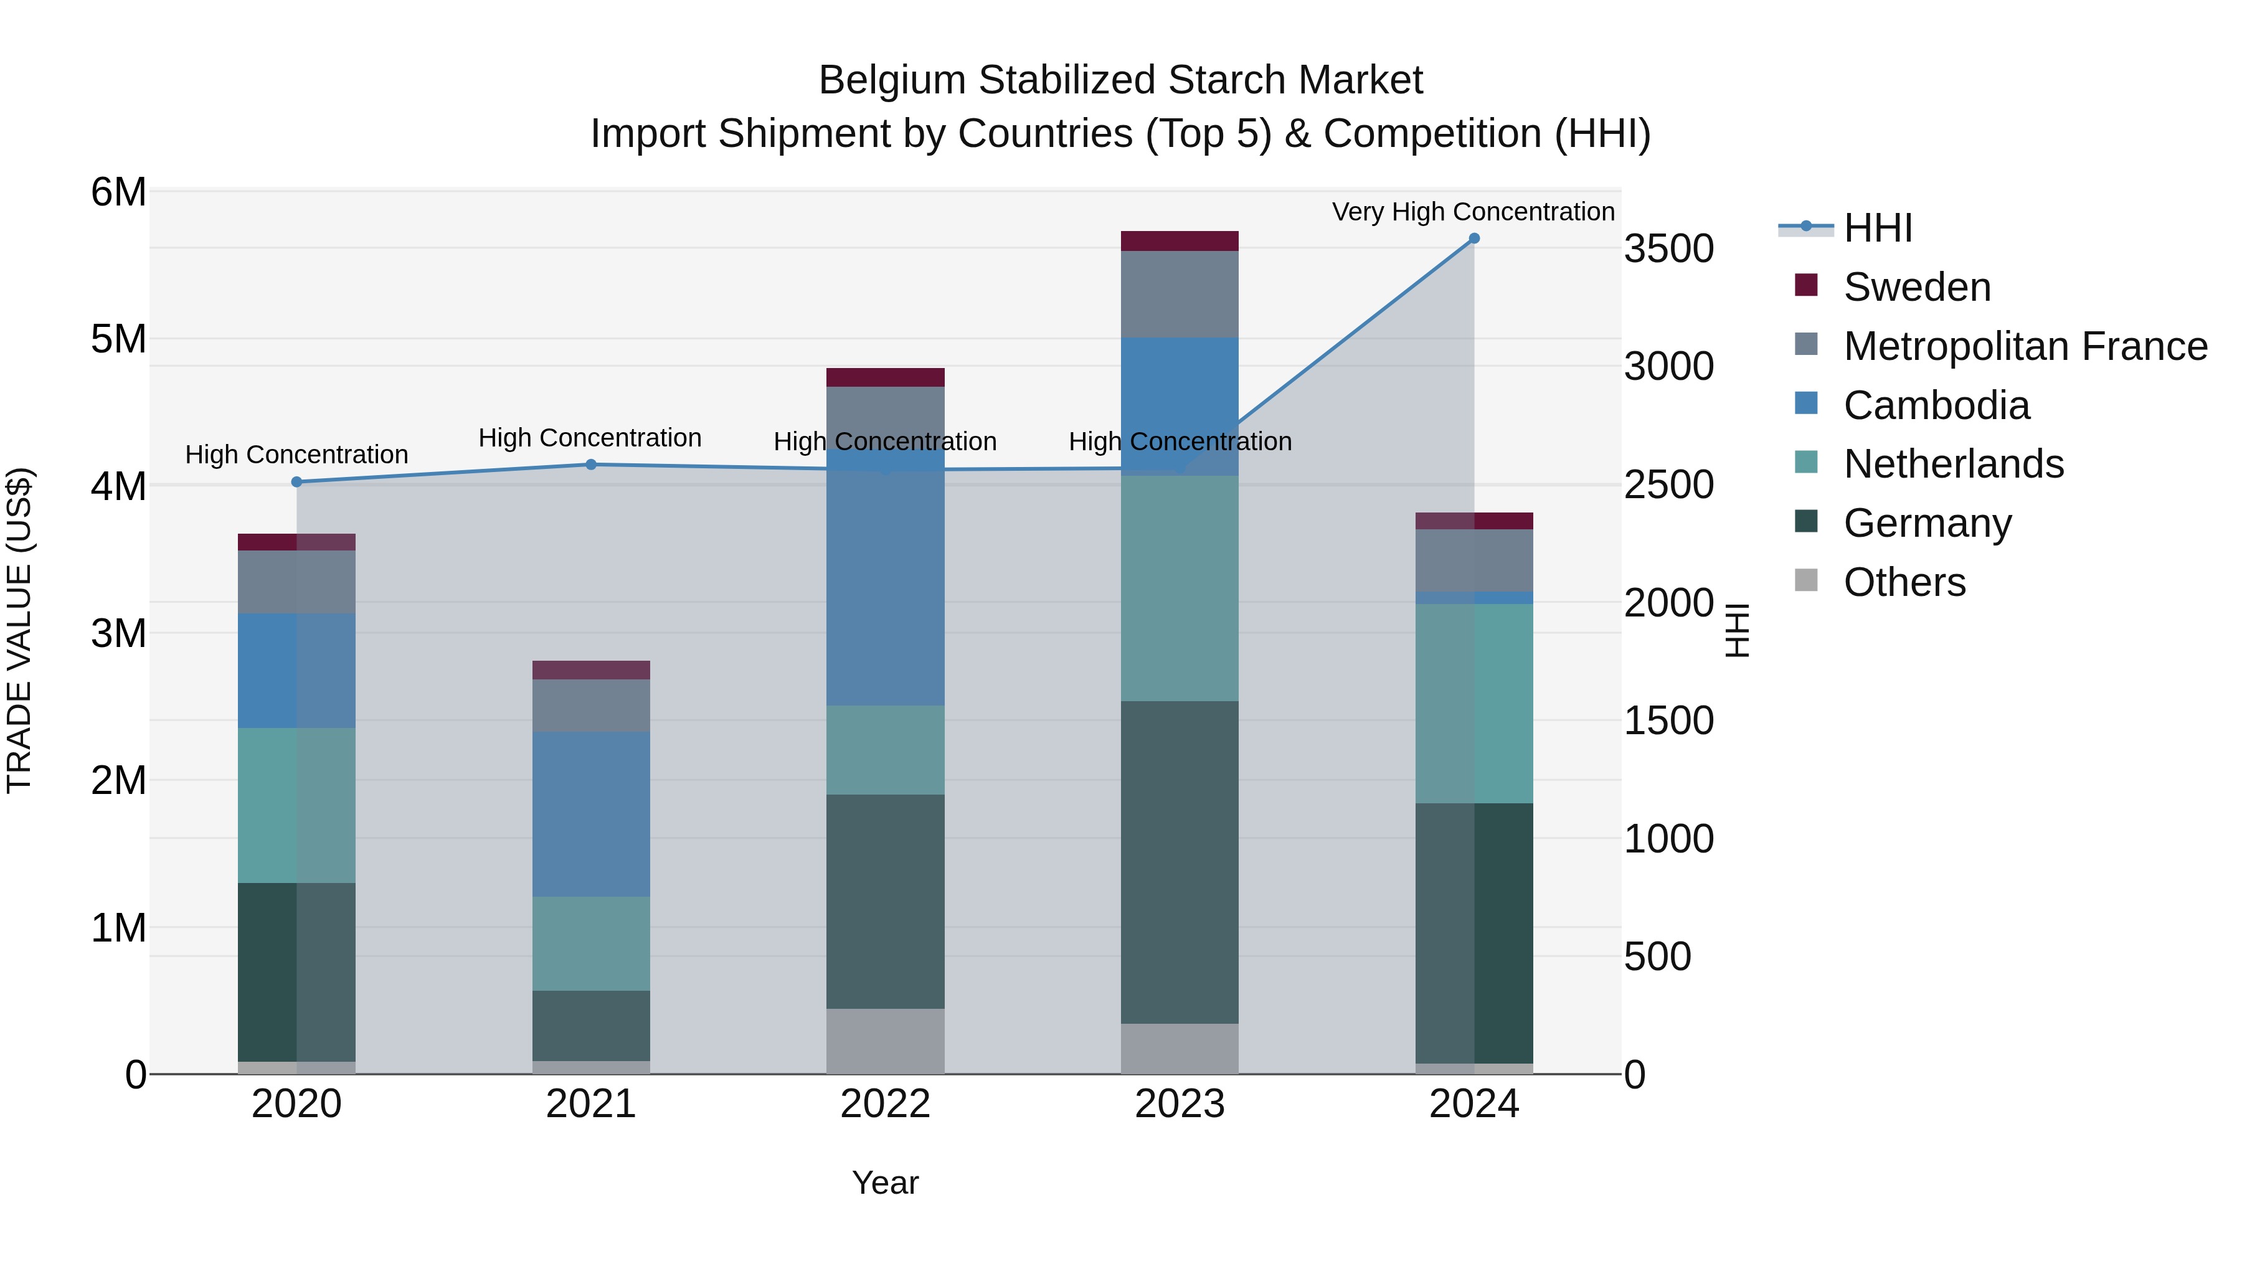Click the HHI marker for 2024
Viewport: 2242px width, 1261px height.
click(x=1473, y=239)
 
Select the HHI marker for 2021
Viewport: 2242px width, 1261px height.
click(x=591, y=465)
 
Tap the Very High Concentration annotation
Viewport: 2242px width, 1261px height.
click(x=1473, y=212)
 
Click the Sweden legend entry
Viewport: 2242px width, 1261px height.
click(x=1916, y=287)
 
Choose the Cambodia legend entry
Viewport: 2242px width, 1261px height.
click(x=1936, y=405)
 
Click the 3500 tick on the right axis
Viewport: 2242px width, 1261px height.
click(x=1668, y=249)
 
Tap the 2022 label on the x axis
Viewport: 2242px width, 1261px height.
click(x=885, y=1104)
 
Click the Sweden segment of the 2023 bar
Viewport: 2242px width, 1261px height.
click(x=1180, y=241)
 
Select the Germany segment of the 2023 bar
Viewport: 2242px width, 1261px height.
click(x=1180, y=862)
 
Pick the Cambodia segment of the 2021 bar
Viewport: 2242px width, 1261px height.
click(x=591, y=814)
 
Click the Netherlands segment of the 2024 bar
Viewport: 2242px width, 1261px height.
click(x=1473, y=703)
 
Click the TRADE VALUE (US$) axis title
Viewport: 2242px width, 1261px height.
click(x=19, y=630)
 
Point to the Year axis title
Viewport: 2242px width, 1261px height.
click(x=885, y=1183)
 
